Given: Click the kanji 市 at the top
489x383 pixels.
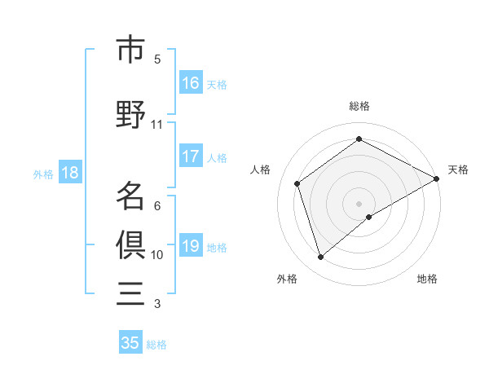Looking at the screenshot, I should pos(130,51).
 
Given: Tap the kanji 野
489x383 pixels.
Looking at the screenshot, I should pos(130,115).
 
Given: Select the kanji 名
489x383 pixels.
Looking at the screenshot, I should pos(130,196).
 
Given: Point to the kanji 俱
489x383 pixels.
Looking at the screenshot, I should pos(130,244).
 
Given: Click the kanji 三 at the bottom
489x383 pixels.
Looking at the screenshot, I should pos(130,293).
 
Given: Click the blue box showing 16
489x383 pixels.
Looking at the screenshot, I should pos(191,83).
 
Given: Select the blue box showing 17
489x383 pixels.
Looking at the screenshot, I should pos(191,157).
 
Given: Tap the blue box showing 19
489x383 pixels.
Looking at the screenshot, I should pos(191,247).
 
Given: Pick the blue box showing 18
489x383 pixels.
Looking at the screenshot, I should pos(69,173).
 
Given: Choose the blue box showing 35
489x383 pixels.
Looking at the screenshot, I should pos(130,343).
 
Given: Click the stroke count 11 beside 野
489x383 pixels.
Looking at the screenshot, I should pos(156,125).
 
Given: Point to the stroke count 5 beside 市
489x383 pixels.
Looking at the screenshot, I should pos(157,59).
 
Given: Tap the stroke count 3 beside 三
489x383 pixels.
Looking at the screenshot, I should pos(157,304).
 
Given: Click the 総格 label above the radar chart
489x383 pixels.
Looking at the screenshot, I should pos(359,106).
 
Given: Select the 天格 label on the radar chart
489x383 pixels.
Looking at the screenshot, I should pos(458,169).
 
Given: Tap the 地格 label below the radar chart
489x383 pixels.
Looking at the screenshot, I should pos(427,279).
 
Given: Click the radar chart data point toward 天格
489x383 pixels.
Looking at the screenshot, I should pos(437,178).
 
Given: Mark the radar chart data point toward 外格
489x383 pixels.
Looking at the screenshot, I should pos(321,258).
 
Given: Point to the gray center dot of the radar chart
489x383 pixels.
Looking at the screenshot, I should pos(359,203).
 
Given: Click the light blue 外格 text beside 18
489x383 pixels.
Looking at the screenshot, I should pos(43,174).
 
